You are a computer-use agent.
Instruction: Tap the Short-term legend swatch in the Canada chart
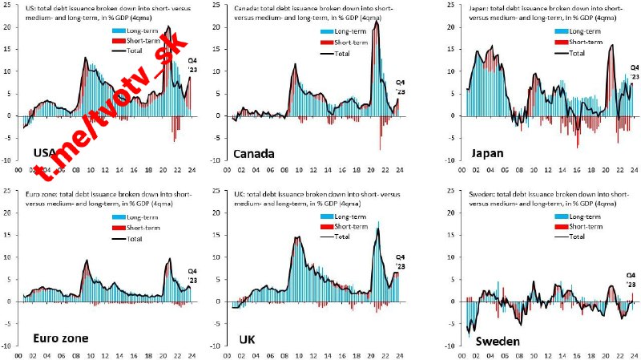click(326, 42)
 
